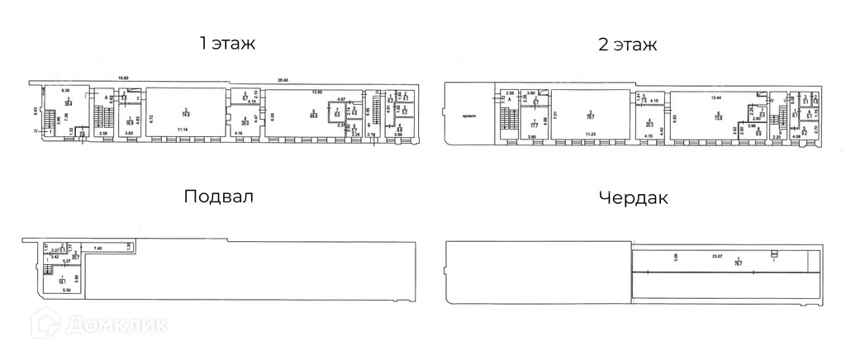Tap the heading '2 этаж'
point(628,44)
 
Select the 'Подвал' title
point(218,198)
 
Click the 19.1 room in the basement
point(63,280)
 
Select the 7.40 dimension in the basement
point(97,248)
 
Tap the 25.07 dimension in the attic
point(716,257)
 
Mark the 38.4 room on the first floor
point(69,102)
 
